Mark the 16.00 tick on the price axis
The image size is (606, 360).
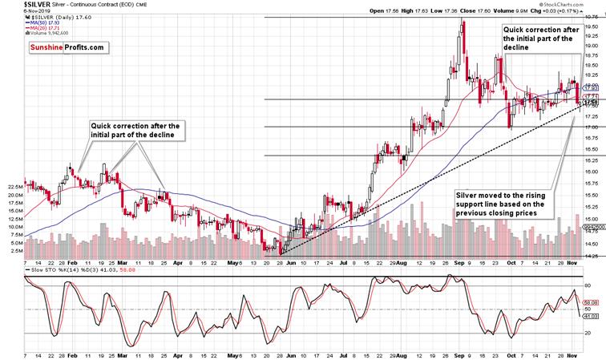[592, 172]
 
